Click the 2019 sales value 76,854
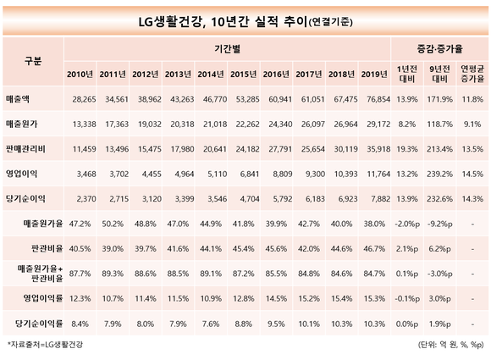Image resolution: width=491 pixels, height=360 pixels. tap(378, 99)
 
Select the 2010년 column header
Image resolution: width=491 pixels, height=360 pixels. tap(80, 75)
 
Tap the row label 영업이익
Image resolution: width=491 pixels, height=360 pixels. tap(21, 174)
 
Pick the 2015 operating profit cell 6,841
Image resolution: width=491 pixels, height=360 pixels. tap(250, 174)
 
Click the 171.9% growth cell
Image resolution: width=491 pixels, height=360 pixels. tap(439, 99)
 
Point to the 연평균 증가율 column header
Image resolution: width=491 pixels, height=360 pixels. tap(472, 74)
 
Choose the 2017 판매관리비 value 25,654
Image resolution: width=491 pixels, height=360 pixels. tap(313, 149)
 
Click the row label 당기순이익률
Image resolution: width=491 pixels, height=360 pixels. tap(39, 324)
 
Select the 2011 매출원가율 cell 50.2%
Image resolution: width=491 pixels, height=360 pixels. tap(113, 224)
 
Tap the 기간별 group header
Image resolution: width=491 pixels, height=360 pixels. tap(227, 49)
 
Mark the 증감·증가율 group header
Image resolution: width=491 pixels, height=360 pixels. tap(439, 49)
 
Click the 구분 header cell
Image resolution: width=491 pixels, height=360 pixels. tap(33, 61)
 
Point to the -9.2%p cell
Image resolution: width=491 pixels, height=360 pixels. tap(439, 224)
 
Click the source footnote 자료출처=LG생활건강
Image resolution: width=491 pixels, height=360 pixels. tap(45, 345)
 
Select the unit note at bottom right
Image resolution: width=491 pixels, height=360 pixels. tap(451, 345)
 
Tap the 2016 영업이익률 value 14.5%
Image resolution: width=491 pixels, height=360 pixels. tap(276, 299)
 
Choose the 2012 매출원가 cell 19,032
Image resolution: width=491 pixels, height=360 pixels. tap(150, 124)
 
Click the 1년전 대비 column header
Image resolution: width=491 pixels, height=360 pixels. tap(406, 74)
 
